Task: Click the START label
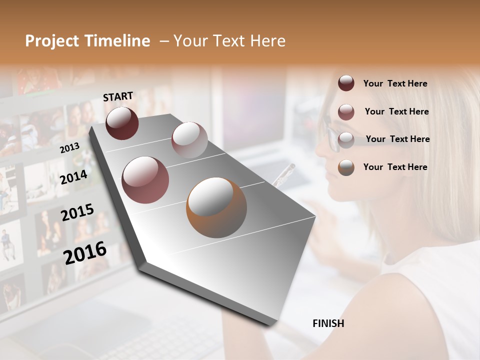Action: [118, 96]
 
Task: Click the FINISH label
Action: [328, 323]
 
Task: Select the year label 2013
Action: [69, 147]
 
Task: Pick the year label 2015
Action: [77, 212]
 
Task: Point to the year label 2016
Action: [85, 253]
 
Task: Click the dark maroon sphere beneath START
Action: [122, 123]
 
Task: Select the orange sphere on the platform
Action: [216, 207]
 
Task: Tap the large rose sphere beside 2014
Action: [145, 180]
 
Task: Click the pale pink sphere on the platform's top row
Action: [189, 140]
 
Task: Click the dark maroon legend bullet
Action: [346, 83]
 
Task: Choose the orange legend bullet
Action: [346, 167]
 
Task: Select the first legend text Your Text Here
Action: [395, 83]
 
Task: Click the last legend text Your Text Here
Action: [395, 167]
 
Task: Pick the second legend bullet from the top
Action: [346, 111]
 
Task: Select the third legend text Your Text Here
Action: [397, 139]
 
